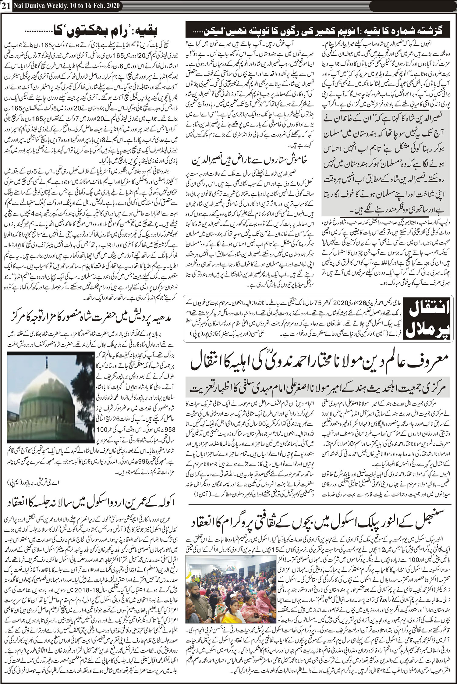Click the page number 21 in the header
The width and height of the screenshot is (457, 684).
[x=6, y=5]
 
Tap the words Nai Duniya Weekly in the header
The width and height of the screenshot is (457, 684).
[x=43, y=5]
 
